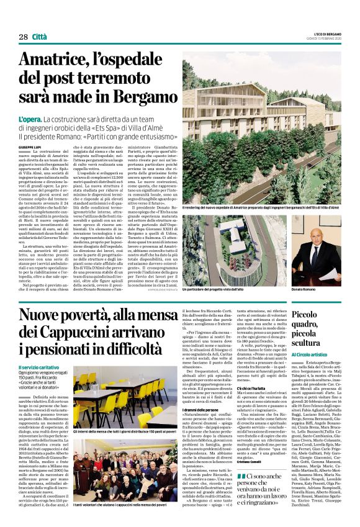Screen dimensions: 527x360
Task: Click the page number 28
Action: pos(23,37)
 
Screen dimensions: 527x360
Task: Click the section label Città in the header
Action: pos(40,37)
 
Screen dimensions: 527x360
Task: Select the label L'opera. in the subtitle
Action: pos(29,118)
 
